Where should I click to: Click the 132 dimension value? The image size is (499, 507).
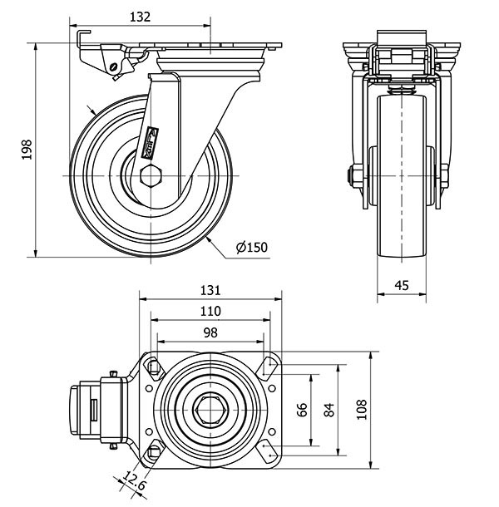pos(141,16)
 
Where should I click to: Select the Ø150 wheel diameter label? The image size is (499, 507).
pos(251,247)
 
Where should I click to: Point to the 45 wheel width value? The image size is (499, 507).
pos(401,285)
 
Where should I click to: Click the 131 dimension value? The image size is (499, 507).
pos(210,290)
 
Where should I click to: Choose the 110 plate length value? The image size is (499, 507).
pos(210,311)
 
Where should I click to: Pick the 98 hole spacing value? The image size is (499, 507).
pos(210,332)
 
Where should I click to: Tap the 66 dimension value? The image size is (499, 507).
pos(303,410)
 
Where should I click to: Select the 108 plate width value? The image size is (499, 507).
pos(360,408)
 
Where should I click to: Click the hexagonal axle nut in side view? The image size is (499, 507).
pos(151,177)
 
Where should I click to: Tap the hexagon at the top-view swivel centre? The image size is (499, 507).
pos(210,409)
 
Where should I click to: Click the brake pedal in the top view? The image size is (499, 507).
pos(83,409)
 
